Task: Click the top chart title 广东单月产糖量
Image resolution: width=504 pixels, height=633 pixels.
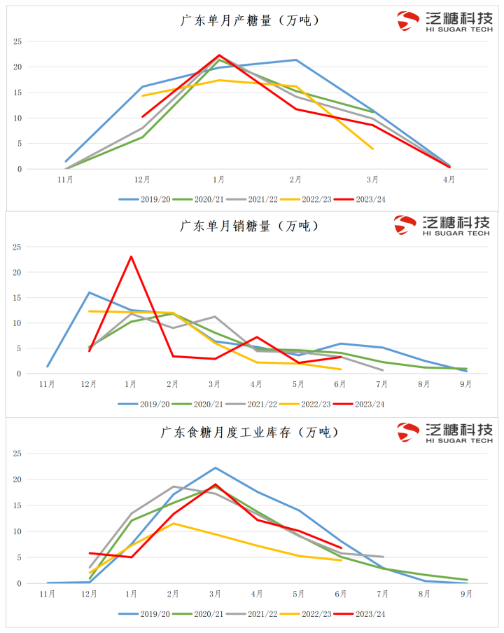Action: click(250, 20)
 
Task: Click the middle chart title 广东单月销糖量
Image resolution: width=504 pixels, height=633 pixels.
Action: click(250, 226)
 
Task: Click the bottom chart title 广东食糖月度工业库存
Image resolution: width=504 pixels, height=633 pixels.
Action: click(250, 432)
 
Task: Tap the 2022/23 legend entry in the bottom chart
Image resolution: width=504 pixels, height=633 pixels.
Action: click(308, 613)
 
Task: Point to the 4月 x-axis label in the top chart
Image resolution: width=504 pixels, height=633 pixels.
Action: click(449, 179)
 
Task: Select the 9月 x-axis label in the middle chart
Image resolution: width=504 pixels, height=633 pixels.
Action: click(465, 384)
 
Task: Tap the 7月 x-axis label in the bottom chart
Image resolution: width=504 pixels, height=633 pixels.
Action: click(382, 594)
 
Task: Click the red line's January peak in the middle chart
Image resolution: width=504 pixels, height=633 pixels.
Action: click(131, 257)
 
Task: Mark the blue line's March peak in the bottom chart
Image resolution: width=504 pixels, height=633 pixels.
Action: click(215, 468)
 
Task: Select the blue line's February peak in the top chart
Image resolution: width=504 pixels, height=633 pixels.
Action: click(295, 60)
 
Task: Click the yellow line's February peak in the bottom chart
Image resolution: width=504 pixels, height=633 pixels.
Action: click(173, 523)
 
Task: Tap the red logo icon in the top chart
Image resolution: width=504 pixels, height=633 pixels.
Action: click(408, 21)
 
